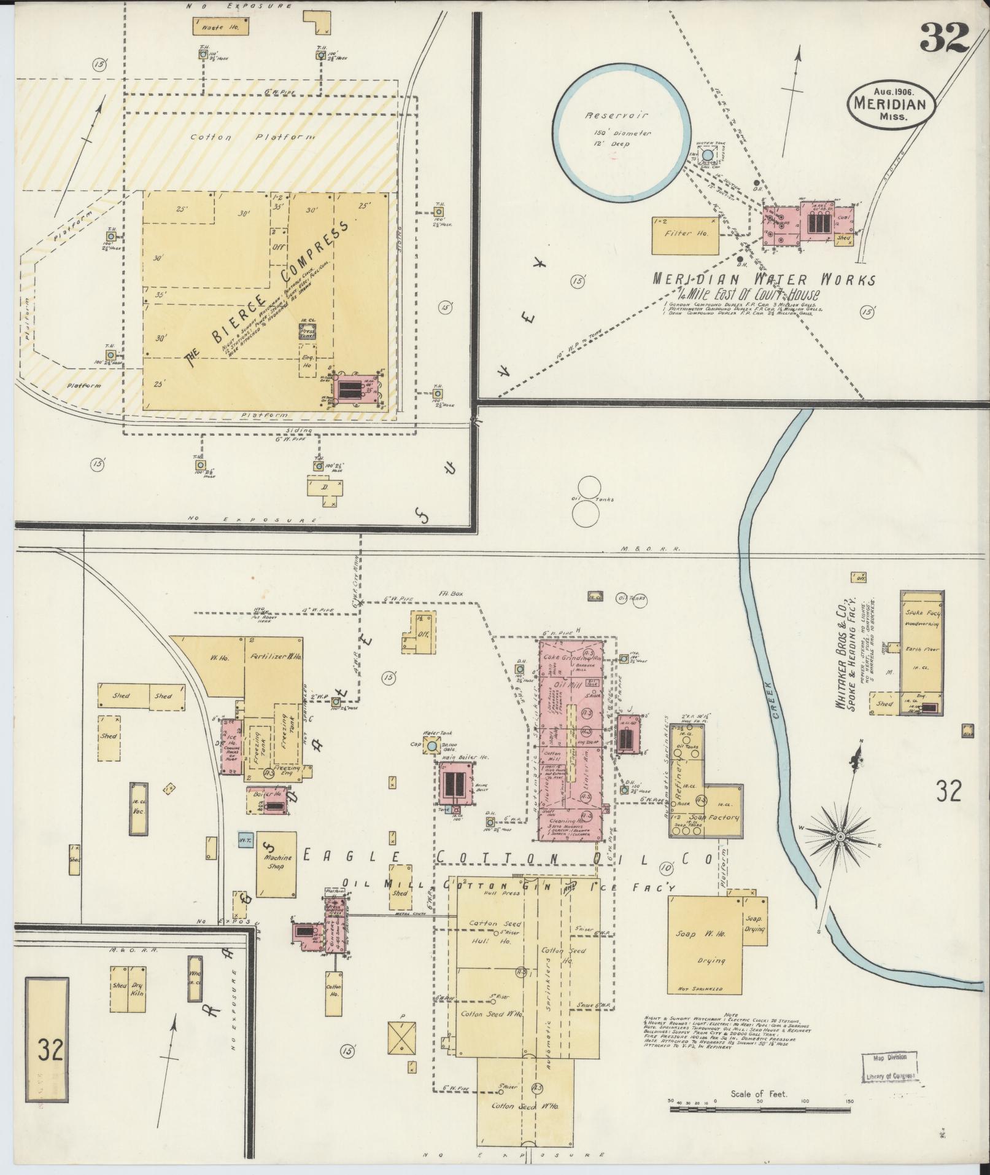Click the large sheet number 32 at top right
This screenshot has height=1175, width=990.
(944, 39)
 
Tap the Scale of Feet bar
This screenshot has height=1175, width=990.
(760, 1110)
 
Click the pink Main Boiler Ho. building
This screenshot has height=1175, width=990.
(455, 784)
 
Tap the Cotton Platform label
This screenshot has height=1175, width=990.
(252, 137)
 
